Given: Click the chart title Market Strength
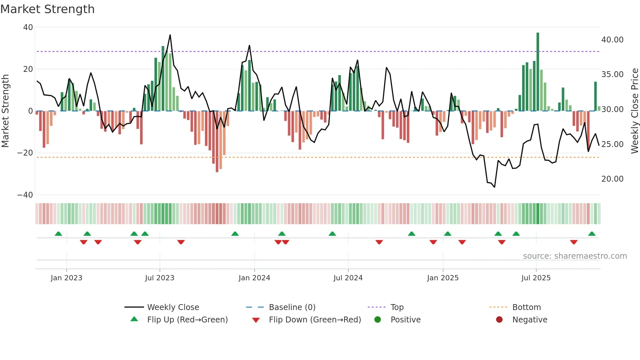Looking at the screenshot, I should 47,9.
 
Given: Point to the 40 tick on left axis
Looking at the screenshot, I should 28,27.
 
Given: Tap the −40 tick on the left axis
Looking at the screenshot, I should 25,195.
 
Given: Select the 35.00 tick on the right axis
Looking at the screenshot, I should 612,74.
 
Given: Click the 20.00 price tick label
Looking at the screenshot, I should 612,179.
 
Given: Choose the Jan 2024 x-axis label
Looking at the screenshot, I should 254,278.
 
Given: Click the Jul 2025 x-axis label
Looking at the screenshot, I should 536,278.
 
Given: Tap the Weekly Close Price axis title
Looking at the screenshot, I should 634,111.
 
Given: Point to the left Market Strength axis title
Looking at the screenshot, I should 5,111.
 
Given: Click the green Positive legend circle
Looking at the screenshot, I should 378,320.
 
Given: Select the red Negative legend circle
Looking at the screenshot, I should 499,320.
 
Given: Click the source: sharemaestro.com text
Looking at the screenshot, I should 575,256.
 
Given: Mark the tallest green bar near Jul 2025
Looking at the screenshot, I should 538,72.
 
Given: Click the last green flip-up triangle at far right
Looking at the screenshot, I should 592,234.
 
